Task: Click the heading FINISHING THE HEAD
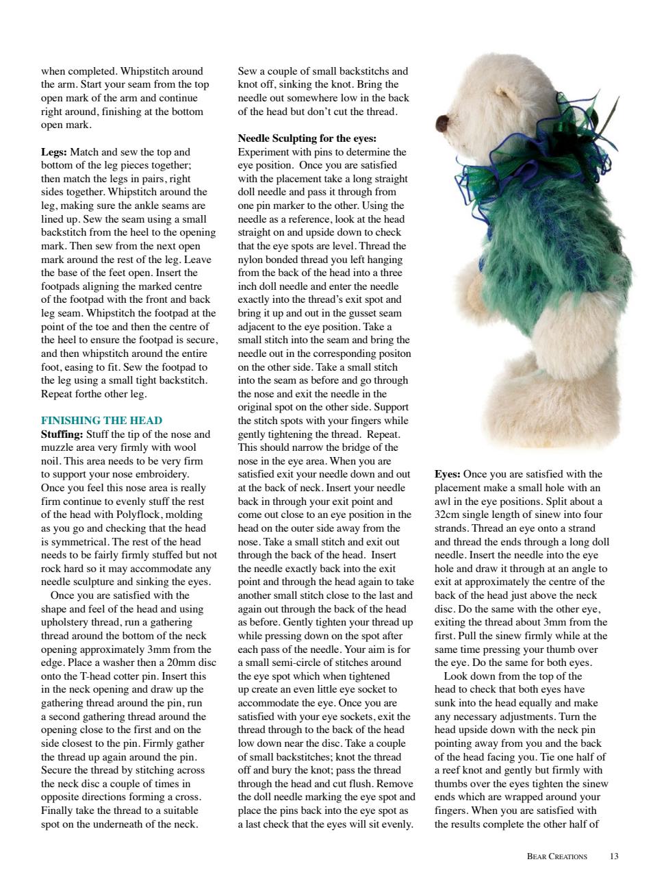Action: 101,421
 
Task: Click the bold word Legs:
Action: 54,152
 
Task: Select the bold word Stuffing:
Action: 62,434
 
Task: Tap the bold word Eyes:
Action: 447,474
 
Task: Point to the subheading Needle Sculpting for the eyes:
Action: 307,138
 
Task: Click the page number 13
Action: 613,856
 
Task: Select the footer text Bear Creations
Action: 556,856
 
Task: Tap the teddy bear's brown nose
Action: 442,123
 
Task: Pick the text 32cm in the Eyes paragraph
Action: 447,515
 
